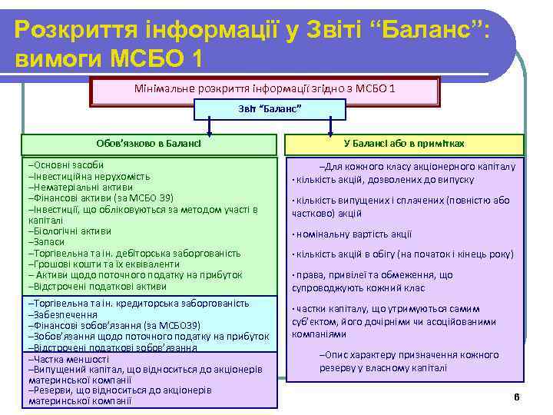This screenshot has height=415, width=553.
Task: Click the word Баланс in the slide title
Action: (421, 31)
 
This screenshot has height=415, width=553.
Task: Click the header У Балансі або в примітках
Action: (404, 144)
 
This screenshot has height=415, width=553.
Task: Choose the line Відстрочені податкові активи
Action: (98, 286)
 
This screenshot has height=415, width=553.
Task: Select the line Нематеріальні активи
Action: (81, 187)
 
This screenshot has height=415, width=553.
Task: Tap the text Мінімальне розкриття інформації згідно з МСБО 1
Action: (264, 89)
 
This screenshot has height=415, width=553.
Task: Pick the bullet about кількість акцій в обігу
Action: (403, 254)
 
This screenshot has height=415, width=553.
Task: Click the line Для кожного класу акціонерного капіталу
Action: (419, 166)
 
